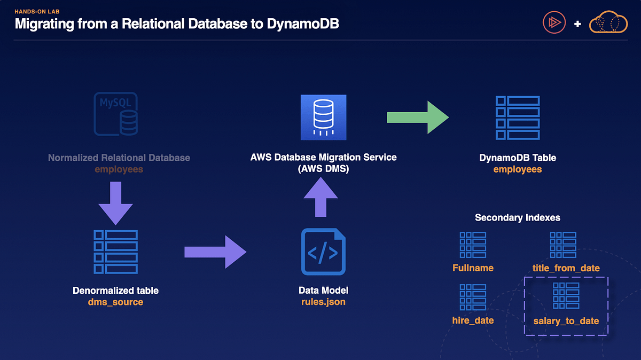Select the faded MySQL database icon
115,114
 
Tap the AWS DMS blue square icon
323,118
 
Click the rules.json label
323,302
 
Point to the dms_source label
115,302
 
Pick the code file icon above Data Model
323,252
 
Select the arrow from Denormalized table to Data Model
215,252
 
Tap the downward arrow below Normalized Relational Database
115,203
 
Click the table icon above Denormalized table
115,252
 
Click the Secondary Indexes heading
517,218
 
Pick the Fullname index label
473,268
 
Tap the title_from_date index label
566,268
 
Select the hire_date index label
473,320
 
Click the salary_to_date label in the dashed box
566,320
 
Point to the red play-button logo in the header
553,23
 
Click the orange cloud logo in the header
607,24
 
